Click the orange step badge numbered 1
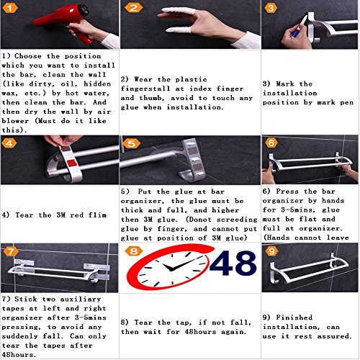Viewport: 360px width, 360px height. click(10, 9)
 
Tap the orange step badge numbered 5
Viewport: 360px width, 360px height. click(132, 144)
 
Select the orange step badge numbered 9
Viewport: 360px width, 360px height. click(271, 251)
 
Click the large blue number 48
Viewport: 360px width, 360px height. click(233, 263)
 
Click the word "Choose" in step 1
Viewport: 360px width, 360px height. click(28, 56)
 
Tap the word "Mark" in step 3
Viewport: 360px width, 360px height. click(285, 84)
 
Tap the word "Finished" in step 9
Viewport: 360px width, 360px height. click(294, 318)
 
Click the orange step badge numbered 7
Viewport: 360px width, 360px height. click(11, 251)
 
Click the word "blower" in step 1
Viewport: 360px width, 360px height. click(15, 121)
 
